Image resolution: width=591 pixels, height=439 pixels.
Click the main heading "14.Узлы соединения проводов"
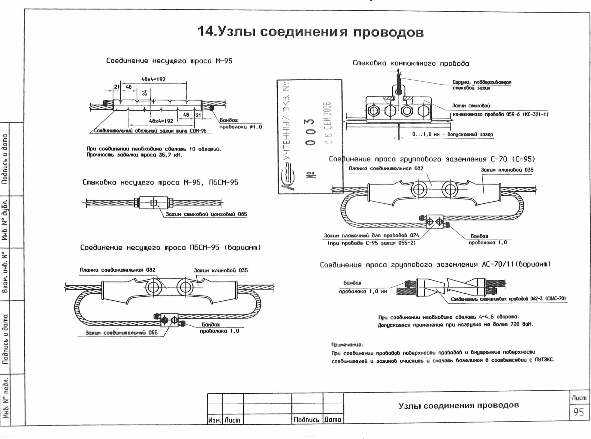click(x=310, y=32)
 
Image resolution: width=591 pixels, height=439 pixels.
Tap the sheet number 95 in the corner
click(x=578, y=412)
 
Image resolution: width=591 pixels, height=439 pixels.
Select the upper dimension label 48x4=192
click(x=153, y=80)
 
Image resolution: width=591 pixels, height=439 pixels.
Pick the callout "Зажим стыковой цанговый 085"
click(x=206, y=214)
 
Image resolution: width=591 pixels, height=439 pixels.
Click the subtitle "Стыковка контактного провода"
click(x=411, y=63)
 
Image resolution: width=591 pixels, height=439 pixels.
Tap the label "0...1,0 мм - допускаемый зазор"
click(x=452, y=134)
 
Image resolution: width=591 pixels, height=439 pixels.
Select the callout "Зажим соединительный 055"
click(x=121, y=332)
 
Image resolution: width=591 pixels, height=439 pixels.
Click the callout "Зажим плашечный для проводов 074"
click(x=371, y=236)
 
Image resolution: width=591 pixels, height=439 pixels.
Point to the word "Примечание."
click(x=347, y=345)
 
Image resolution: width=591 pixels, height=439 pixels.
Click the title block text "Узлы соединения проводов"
click(x=458, y=405)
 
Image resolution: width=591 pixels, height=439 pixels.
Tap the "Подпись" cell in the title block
click(x=306, y=419)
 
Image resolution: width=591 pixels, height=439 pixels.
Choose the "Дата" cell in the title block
click(x=333, y=419)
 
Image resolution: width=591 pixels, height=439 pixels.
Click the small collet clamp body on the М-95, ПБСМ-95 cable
click(x=153, y=203)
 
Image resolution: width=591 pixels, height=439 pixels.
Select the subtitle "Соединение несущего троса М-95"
click(x=169, y=61)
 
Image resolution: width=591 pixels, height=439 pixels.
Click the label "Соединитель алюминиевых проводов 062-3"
click(x=508, y=299)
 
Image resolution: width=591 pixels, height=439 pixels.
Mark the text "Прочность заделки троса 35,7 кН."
click(x=134, y=155)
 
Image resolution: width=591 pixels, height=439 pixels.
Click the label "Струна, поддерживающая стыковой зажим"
click(x=481, y=85)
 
